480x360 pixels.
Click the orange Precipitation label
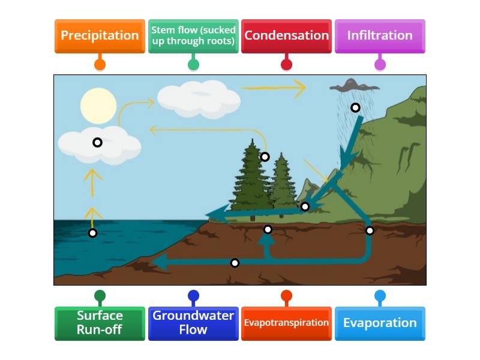pos(100,35)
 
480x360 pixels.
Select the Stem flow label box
pos(193,35)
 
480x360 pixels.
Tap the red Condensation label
pos(286,35)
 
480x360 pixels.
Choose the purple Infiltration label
pos(380,35)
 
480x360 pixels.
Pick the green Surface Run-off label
pos(100,323)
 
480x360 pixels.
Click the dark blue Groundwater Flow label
pos(193,323)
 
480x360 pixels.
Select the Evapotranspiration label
pos(286,323)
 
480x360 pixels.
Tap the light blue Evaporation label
pos(380,323)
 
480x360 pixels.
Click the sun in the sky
pos(98,106)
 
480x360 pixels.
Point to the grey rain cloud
pos(353,86)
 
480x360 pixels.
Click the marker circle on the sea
pos(92,233)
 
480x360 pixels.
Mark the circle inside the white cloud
pos(97,142)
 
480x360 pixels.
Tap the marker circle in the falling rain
pos(355,107)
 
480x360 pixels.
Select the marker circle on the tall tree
pos(265,157)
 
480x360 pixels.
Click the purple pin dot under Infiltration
pos(380,64)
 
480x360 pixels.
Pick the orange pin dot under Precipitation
pos(100,64)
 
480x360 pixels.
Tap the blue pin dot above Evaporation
pos(380,296)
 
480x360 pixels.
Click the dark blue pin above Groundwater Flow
pos(193,296)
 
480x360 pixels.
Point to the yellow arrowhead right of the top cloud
pos(299,88)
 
